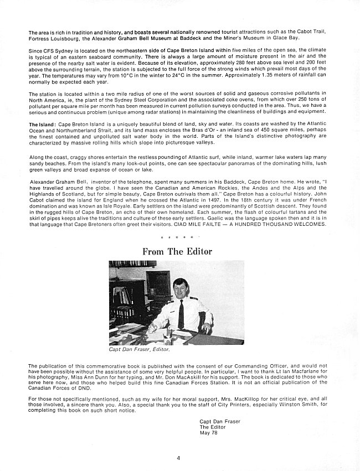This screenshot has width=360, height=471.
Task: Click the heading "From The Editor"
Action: click(x=177, y=251)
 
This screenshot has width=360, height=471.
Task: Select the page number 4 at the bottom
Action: click(x=179, y=457)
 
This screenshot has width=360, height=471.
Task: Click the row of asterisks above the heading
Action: click(x=178, y=237)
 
